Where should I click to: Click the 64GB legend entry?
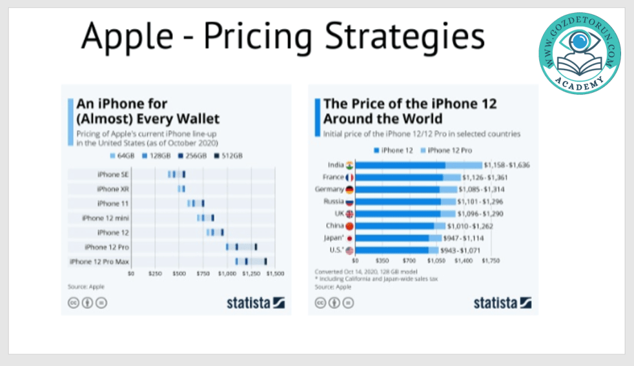point(131,155)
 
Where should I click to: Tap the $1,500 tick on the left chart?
point(276,272)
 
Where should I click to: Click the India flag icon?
point(350,165)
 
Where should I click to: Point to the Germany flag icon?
point(350,190)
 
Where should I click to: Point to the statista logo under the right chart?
point(502,303)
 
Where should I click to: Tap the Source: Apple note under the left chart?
point(86,287)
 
